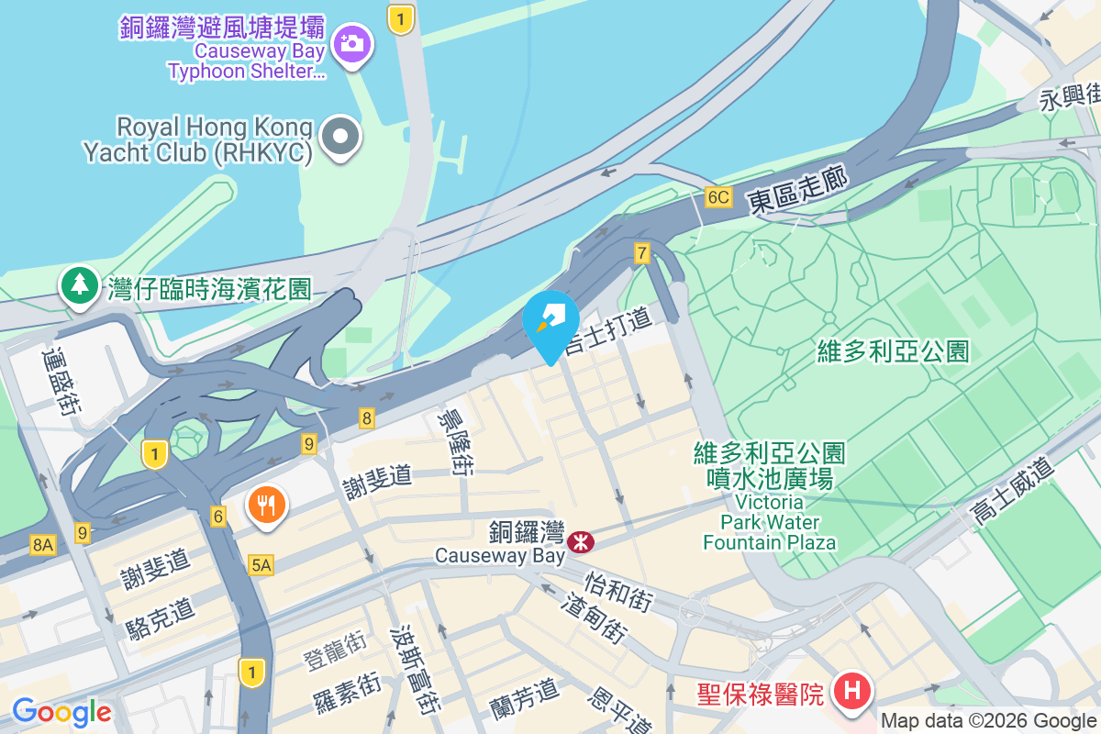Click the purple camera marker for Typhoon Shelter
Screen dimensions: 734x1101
(x=351, y=42)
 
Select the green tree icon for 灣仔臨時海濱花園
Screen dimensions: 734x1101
(x=80, y=284)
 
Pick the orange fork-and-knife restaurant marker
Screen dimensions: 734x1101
(x=267, y=505)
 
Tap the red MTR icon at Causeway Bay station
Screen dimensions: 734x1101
(x=580, y=542)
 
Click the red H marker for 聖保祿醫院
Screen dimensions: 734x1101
(x=851, y=691)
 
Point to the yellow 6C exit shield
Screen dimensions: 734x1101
(x=718, y=197)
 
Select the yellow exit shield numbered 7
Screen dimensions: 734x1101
(x=641, y=252)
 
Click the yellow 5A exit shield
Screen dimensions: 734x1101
(x=261, y=565)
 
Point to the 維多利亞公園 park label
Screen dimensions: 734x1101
(x=894, y=350)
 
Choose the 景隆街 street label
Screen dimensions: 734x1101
(x=457, y=440)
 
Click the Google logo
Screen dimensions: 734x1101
(x=61, y=712)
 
